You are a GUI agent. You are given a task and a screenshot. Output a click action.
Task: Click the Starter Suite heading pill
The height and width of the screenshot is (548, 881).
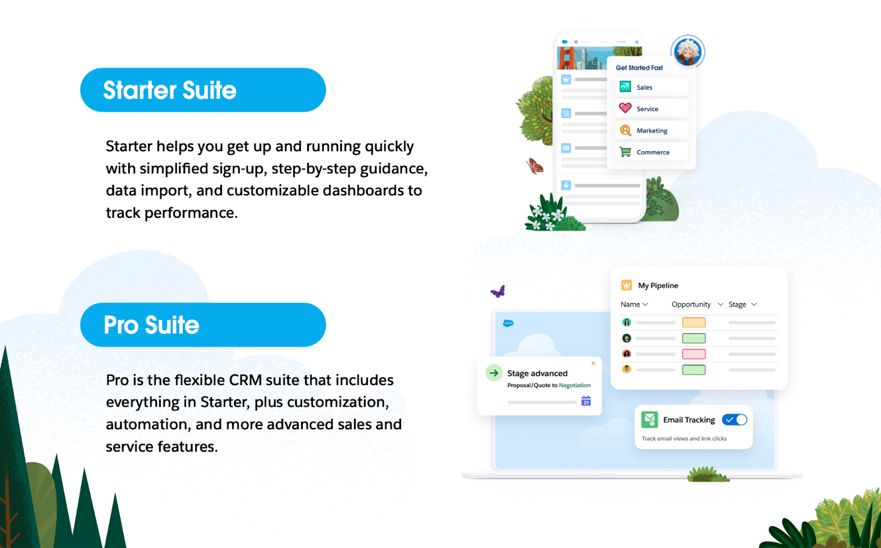(203, 90)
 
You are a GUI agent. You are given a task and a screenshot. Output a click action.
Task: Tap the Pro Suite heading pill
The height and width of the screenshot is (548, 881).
(203, 325)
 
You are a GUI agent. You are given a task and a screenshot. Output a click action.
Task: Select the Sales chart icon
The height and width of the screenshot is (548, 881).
(626, 86)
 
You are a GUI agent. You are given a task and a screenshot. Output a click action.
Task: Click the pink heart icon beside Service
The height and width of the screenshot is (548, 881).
(626, 108)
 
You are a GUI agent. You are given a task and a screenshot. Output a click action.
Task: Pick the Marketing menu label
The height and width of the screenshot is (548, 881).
(652, 130)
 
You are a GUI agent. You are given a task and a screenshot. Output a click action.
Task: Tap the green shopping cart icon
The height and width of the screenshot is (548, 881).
(626, 152)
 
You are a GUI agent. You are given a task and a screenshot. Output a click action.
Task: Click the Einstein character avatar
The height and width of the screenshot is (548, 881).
(688, 52)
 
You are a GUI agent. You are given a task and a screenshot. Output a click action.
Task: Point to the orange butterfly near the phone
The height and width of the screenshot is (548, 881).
(535, 166)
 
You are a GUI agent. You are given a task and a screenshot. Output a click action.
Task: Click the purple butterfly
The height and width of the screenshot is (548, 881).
(498, 291)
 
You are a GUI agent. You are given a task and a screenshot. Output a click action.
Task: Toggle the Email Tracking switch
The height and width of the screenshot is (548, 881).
(735, 420)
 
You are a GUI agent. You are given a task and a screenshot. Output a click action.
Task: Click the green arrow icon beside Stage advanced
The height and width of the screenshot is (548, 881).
(494, 373)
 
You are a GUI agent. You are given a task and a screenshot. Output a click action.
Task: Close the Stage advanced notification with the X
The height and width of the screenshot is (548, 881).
(593, 363)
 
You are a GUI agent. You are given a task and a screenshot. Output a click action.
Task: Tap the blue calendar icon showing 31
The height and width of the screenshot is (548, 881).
(586, 401)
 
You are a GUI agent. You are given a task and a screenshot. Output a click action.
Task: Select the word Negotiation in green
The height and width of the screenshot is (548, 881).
(575, 385)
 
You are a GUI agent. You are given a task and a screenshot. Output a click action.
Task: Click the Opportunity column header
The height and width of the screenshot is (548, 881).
(691, 304)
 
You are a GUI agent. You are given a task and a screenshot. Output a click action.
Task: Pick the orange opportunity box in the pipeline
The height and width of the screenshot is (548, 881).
(694, 322)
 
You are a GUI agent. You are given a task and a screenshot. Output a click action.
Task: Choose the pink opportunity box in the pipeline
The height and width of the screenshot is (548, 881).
(694, 354)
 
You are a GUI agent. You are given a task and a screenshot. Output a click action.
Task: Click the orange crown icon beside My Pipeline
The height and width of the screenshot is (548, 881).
(627, 285)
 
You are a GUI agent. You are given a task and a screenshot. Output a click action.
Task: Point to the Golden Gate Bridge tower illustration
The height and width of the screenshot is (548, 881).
(567, 58)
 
